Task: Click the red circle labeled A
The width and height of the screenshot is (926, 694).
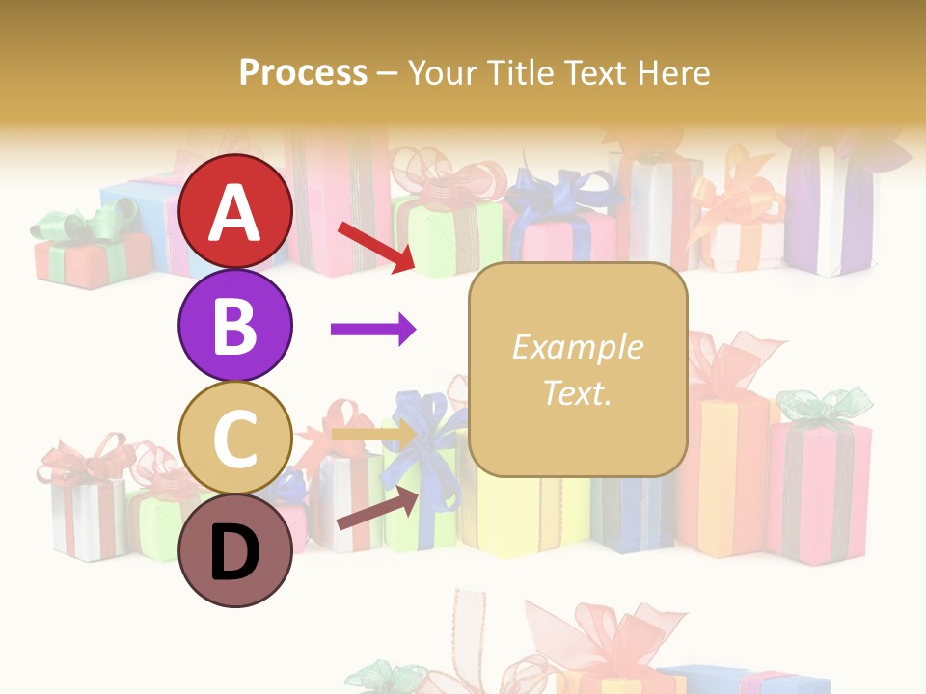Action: (x=234, y=212)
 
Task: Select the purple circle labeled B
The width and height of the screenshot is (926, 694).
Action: (x=234, y=325)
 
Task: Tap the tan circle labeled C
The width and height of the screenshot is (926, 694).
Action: (x=234, y=438)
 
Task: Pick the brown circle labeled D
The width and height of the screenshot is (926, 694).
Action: (x=234, y=550)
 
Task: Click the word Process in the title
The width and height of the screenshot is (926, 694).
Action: (x=303, y=73)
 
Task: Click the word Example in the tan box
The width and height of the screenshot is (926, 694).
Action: (x=577, y=347)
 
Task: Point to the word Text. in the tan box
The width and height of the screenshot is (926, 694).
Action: (x=577, y=392)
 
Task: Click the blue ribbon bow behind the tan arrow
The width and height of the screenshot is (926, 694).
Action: (x=430, y=424)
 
